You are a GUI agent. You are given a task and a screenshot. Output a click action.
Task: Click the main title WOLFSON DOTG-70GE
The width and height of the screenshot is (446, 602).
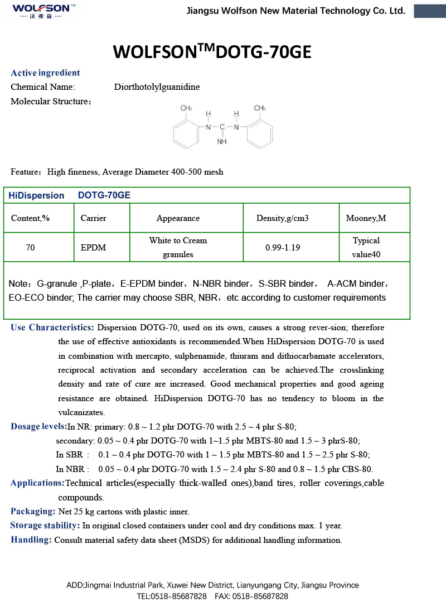click(212, 51)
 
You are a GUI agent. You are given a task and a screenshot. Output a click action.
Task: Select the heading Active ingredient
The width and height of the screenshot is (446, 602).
click(45, 73)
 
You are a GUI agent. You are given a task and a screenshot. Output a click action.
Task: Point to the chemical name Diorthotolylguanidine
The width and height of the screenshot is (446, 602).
click(157, 87)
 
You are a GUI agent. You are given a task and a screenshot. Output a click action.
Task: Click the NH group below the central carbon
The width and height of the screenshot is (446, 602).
click(222, 142)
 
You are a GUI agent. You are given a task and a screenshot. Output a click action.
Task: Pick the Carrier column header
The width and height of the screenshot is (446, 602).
click(93, 218)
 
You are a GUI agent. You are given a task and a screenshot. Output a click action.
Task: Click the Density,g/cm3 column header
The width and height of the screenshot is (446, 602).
click(282, 218)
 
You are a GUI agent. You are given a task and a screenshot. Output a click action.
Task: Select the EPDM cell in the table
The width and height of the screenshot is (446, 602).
click(93, 247)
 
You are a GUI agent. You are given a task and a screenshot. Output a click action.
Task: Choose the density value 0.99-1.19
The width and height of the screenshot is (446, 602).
click(283, 247)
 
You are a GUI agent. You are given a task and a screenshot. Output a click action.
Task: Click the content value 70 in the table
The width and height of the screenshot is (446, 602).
click(30, 247)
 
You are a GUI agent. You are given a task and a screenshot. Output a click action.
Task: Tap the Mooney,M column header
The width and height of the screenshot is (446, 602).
click(366, 218)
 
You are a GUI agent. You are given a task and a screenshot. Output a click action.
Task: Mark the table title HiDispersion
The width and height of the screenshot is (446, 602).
click(36, 195)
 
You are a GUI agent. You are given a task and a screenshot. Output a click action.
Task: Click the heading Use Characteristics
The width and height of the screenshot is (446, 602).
click(52, 328)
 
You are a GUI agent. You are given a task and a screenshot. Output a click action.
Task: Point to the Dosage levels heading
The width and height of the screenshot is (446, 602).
click(38, 427)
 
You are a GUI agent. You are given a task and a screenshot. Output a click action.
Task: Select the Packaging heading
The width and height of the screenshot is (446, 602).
click(33, 511)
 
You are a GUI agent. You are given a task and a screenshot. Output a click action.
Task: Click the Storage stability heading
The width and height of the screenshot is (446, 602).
click(45, 526)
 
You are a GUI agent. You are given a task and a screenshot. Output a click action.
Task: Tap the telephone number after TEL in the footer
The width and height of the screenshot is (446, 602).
click(182, 596)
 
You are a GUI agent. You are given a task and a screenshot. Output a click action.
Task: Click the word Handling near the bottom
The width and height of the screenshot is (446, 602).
click(31, 540)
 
